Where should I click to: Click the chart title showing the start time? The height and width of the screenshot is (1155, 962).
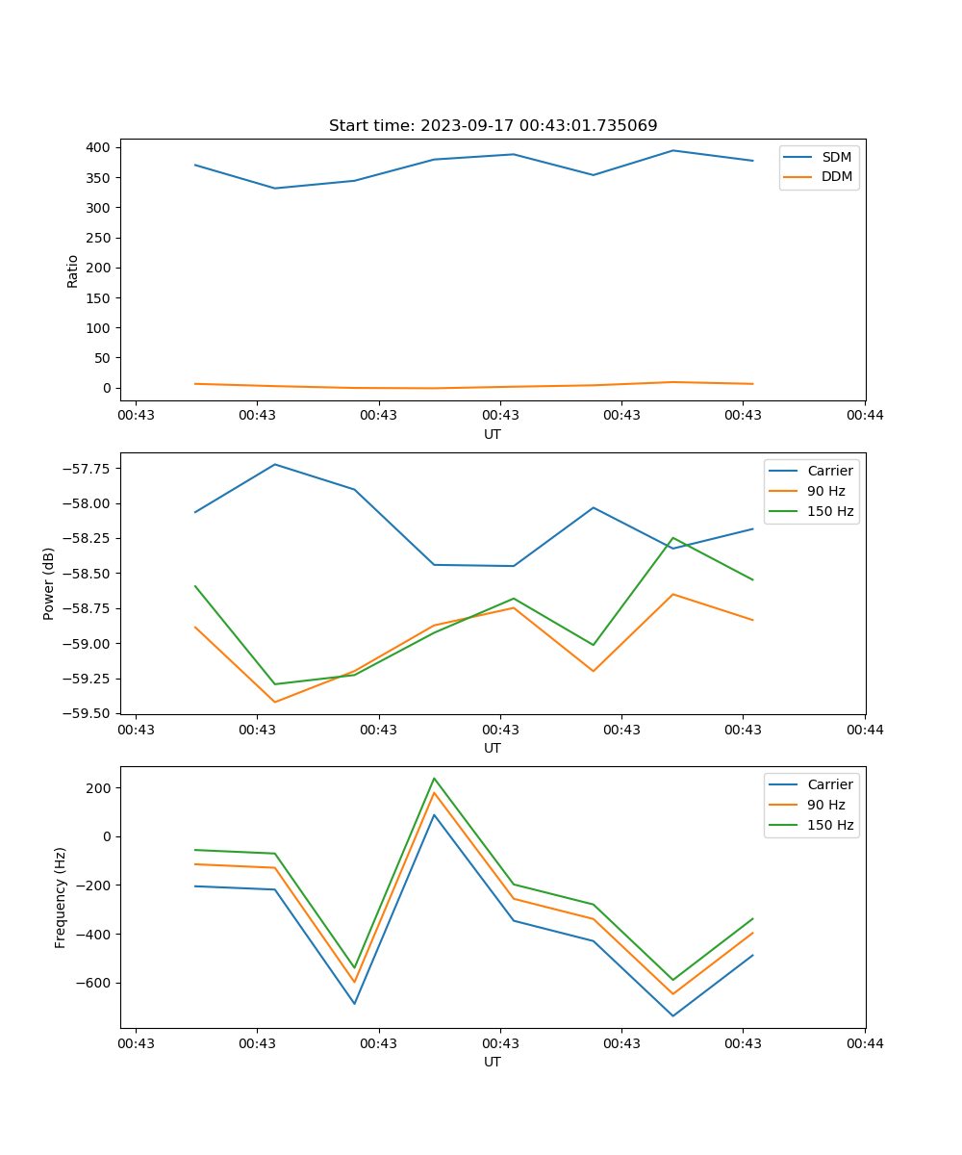click(493, 125)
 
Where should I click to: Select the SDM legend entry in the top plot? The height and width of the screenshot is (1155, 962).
click(835, 157)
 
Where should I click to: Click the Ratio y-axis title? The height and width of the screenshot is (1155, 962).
click(73, 270)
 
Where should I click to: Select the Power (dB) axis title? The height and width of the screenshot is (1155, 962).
click(49, 583)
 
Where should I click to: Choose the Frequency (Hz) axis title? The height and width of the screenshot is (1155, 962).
click(61, 897)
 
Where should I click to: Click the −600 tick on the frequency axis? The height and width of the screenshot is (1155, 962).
click(94, 983)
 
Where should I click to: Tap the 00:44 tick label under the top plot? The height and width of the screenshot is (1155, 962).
click(864, 415)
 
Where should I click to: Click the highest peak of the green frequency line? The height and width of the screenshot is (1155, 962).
click(434, 778)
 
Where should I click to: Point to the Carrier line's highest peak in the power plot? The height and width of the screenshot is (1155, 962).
click(275, 464)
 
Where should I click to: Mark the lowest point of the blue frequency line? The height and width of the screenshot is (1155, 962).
click(672, 1015)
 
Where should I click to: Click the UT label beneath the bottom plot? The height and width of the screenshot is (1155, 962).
click(493, 1062)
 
